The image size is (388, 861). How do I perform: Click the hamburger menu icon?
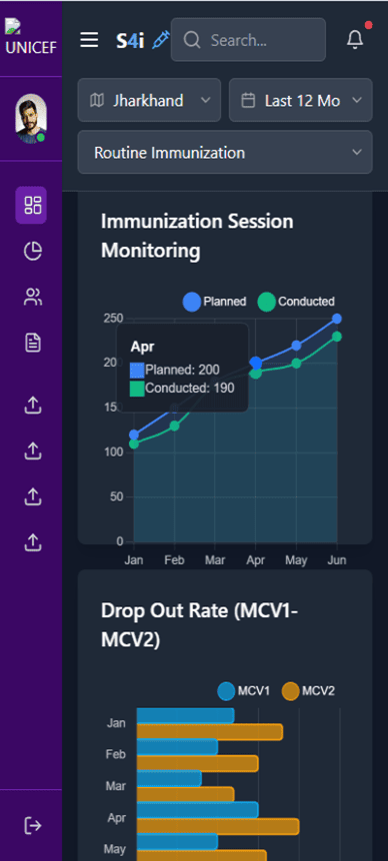pyautogui.click(x=90, y=40)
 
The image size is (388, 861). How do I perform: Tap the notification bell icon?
pyautogui.click(x=355, y=40)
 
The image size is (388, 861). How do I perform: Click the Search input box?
pyautogui.click(x=248, y=40)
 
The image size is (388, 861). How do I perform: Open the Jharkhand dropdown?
pyautogui.click(x=149, y=101)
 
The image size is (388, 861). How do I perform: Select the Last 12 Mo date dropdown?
pyautogui.click(x=300, y=101)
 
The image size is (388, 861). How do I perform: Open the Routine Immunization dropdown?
pyautogui.click(x=225, y=153)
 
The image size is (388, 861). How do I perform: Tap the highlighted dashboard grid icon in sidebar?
pyautogui.click(x=33, y=206)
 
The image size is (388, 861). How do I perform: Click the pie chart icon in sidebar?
pyautogui.click(x=33, y=252)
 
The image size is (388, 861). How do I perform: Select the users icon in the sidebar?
pyautogui.click(x=33, y=297)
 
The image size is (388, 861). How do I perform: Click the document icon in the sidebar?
pyautogui.click(x=33, y=343)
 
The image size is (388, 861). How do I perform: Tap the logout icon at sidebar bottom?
pyautogui.click(x=33, y=825)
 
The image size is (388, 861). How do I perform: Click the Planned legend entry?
pyautogui.click(x=214, y=301)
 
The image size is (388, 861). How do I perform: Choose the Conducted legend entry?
pyautogui.click(x=296, y=301)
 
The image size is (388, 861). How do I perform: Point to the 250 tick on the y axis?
pyautogui.click(x=112, y=319)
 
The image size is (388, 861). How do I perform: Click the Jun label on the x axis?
pyautogui.click(x=337, y=561)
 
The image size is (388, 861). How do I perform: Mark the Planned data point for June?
pyautogui.click(x=337, y=319)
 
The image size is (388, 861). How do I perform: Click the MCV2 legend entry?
pyautogui.click(x=309, y=690)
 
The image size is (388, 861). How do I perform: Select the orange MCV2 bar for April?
pyautogui.click(x=218, y=826)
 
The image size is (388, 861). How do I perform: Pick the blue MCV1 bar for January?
pyautogui.click(x=185, y=715)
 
